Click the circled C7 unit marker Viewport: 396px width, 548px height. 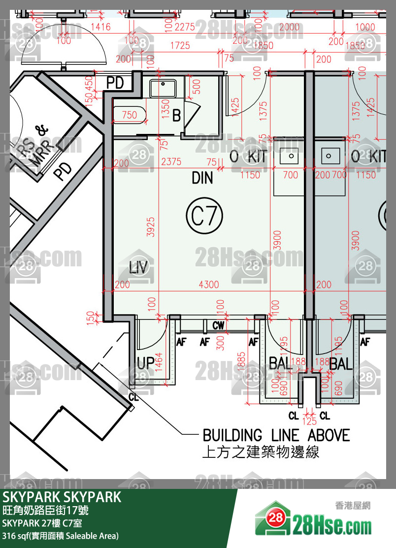(204, 215)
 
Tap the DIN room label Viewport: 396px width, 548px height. (202, 178)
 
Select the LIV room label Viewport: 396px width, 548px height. (138, 267)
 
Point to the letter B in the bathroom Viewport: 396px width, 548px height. (176, 116)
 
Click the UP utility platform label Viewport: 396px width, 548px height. (145, 363)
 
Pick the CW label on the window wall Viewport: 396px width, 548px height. (218, 325)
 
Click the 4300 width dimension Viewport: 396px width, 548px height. (208, 285)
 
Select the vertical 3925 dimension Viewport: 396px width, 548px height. (152, 226)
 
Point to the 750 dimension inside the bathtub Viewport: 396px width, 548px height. (129, 115)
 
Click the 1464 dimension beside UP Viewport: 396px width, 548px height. (159, 362)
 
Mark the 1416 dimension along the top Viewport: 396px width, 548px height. (100, 27)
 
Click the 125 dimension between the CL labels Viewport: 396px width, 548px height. (309, 422)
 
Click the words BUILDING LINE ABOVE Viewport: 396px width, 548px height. (276, 436)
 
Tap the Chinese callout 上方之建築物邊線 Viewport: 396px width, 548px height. (261, 452)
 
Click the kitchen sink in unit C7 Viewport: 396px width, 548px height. (291, 156)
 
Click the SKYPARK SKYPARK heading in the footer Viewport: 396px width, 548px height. (62, 497)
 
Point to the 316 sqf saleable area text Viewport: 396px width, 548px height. (60, 536)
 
